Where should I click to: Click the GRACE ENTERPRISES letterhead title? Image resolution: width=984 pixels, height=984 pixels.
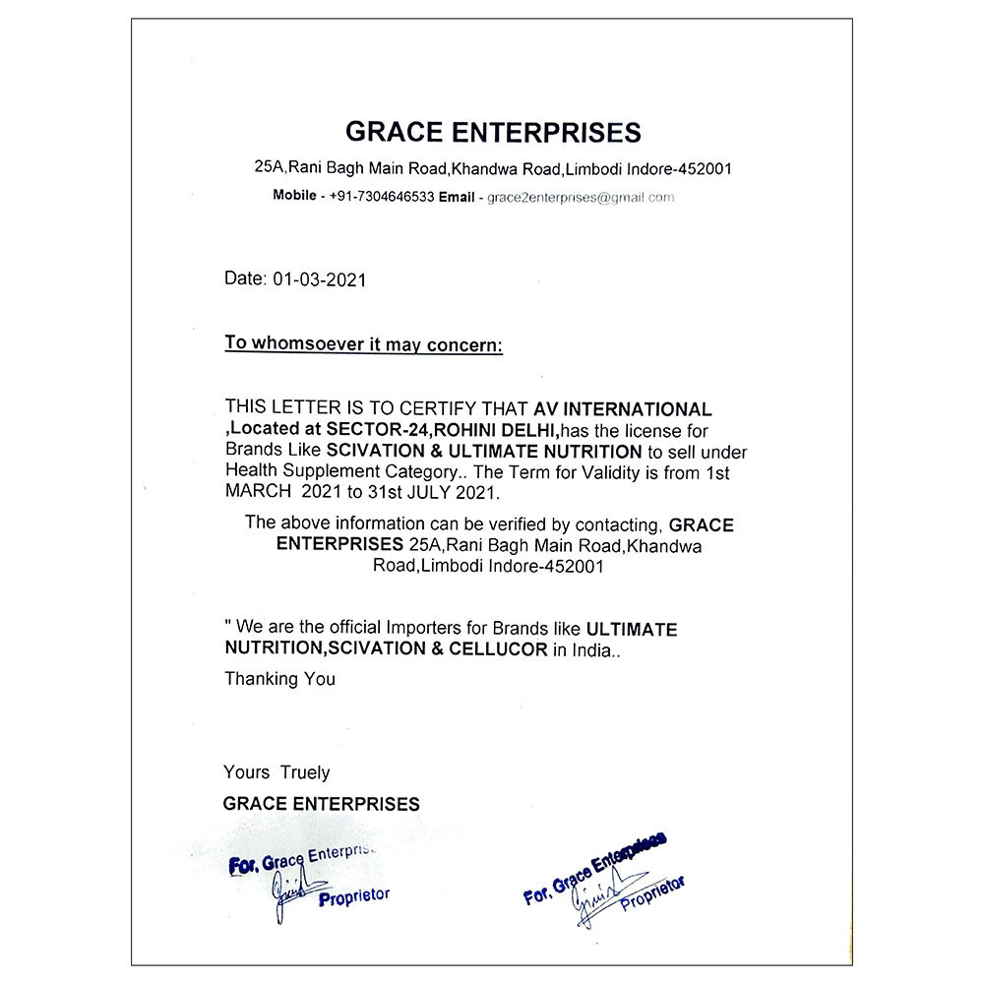click(x=492, y=133)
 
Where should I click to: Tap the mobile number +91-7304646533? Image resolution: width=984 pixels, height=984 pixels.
click(x=382, y=197)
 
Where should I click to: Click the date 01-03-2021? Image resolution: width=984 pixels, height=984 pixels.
click(x=319, y=279)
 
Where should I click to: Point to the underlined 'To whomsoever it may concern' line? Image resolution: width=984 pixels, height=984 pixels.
click(x=363, y=343)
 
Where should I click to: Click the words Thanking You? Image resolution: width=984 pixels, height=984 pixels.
click(x=279, y=679)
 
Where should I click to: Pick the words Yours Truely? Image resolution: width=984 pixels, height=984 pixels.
click(x=277, y=772)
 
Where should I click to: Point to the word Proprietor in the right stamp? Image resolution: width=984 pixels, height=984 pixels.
click(x=651, y=891)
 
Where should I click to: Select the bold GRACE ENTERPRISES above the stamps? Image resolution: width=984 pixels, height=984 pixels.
click(x=321, y=804)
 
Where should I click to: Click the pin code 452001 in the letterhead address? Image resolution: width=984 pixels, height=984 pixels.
click(x=703, y=169)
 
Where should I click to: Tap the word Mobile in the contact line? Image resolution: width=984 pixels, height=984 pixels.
click(x=294, y=196)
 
